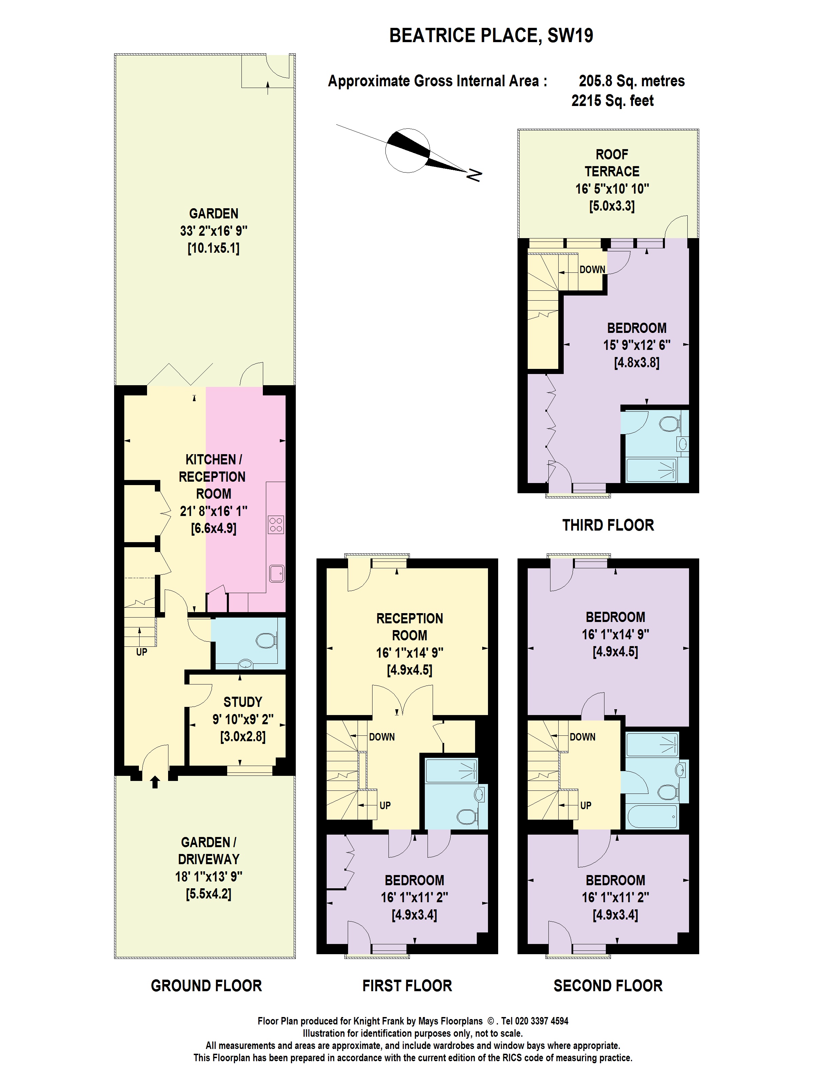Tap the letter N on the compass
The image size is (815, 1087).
coord(474,175)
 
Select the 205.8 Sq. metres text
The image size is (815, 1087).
coord(631,81)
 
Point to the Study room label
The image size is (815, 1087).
coord(243,702)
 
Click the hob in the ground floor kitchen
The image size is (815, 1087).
coord(276,525)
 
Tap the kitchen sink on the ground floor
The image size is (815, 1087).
coord(276,573)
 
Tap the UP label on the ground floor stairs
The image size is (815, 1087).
coord(142,652)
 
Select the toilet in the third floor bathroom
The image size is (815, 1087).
coord(669,424)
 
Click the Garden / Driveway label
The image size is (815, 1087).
coord(208,851)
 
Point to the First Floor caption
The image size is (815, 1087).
coord(407,986)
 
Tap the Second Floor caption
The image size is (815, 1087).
coord(608,986)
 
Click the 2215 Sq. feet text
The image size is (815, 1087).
coord(612,101)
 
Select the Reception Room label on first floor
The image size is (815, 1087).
coord(409,626)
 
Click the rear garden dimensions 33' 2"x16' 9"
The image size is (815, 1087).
coord(213,230)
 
